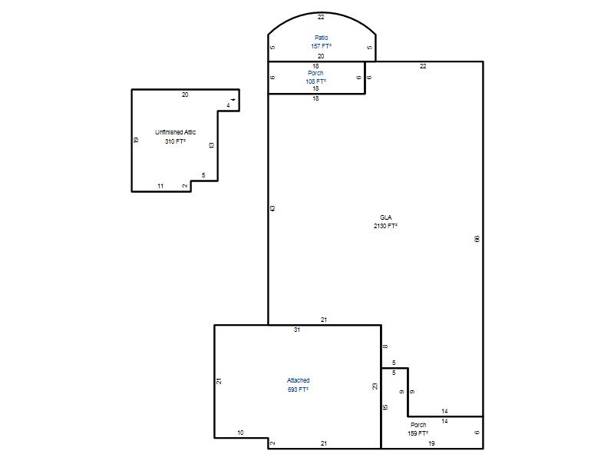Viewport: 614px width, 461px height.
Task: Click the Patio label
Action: coord(321,38)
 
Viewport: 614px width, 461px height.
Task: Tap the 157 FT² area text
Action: coord(321,46)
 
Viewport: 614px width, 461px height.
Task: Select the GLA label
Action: coord(386,217)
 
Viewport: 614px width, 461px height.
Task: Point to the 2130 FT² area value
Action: coord(386,226)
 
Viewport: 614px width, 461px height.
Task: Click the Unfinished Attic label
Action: coord(176,132)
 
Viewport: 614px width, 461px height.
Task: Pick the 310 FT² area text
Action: coord(175,141)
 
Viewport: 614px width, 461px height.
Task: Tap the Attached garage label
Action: coord(298,380)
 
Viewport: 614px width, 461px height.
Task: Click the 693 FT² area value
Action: coord(298,390)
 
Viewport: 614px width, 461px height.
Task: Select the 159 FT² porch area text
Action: coord(418,433)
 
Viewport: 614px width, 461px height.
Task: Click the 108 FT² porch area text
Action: coord(315,81)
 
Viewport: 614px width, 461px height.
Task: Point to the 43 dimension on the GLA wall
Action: coord(272,208)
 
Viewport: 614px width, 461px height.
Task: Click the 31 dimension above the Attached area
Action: coord(297,330)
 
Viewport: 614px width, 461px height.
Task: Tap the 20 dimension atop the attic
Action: coord(185,95)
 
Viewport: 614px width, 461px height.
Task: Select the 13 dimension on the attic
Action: coord(212,145)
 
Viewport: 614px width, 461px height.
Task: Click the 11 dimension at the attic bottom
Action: coord(160,186)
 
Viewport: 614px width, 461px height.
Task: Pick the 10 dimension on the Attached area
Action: coord(240,433)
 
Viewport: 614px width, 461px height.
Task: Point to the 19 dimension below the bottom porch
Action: coord(431,443)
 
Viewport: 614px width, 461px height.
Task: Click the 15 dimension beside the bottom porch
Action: coord(385,407)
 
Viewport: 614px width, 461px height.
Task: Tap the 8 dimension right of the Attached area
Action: coord(385,347)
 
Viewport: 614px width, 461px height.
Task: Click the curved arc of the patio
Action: coord(322,12)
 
